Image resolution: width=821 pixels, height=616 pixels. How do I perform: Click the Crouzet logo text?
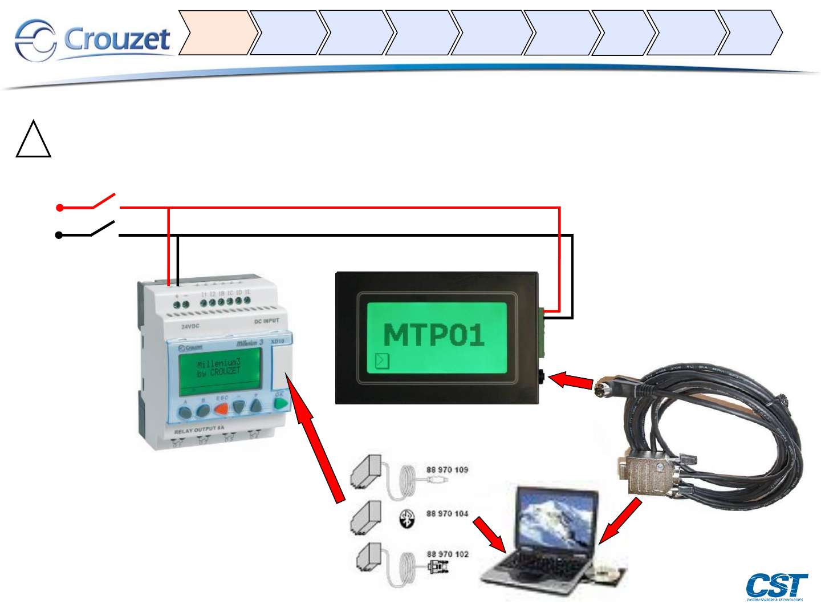(x=117, y=39)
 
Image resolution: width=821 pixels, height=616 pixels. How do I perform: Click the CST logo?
(x=776, y=586)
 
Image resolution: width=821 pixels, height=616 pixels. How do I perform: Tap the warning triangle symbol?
(x=34, y=140)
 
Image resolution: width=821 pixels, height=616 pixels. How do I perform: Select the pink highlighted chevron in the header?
(x=215, y=33)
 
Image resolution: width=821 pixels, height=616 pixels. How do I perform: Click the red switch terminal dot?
(x=60, y=208)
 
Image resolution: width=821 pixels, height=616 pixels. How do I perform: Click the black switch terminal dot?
(x=59, y=235)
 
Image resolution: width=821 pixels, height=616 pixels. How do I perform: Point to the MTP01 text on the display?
(x=434, y=335)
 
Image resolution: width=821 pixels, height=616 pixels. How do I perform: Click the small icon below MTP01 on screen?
(x=382, y=360)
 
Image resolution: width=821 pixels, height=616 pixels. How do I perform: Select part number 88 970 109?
(x=447, y=470)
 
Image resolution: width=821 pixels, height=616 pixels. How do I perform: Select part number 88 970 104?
(x=447, y=513)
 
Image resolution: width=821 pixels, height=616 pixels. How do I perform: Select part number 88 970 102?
(x=447, y=554)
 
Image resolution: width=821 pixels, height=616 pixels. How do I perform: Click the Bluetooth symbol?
(x=407, y=519)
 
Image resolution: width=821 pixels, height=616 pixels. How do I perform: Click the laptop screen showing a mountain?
(x=556, y=523)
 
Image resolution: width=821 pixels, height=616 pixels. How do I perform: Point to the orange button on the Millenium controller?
(x=221, y=408)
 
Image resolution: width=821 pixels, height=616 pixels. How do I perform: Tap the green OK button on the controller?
(x=280, y=403)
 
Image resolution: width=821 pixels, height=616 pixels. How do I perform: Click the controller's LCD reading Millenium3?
(x=220, y=370)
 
